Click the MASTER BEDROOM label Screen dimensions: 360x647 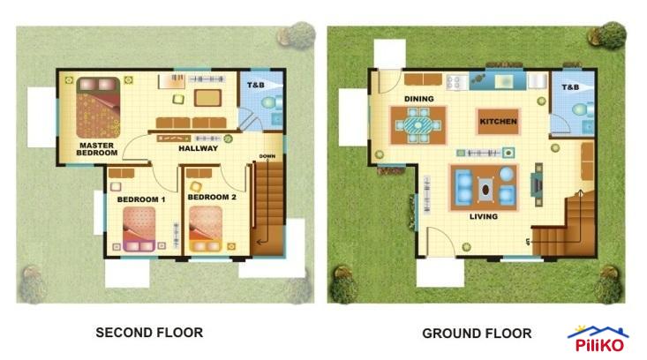pos(97,148)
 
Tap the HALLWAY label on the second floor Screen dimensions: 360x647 pos(198,148)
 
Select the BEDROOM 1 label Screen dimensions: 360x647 pos(140,199)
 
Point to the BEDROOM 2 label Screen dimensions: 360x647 pos(212,197)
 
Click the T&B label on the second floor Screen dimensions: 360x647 pos(255,85)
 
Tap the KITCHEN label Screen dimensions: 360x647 pos(498,121)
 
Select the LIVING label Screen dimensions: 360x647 pos(483,216)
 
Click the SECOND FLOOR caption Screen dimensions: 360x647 pos(149,333)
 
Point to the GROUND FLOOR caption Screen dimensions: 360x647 pos(477,334)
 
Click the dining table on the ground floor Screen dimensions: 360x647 pos(418,125)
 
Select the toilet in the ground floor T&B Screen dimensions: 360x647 pos(580,110)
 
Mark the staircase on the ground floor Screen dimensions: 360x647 pos(566,226)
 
